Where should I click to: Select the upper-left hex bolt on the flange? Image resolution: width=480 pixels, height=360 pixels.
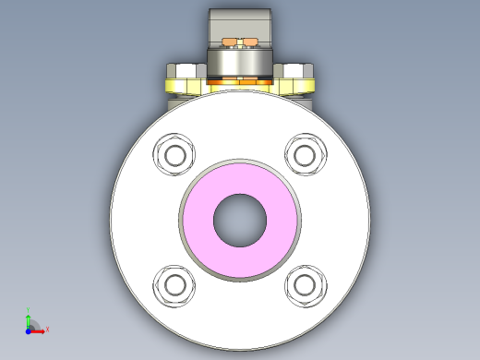click(174, 153)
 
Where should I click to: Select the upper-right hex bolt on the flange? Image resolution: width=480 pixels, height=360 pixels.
click(306, 153)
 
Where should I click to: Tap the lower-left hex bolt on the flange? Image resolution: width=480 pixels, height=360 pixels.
click(174, 284)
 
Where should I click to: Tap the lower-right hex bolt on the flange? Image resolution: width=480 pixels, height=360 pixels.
click(306, 284)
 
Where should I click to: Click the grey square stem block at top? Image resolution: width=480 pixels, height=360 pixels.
click(239, 23)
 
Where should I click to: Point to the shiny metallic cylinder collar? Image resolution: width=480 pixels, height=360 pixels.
click(239, 63)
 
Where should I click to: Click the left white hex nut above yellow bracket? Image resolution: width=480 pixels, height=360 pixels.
click(185, 71)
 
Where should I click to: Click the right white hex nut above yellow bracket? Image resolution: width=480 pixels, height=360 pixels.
click(296, 71)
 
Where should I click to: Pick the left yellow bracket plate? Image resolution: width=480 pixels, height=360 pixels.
click(181, 88)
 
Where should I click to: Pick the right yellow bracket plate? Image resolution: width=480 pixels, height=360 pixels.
click(300, 88)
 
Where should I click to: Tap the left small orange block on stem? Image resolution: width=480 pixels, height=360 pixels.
click(229, 42)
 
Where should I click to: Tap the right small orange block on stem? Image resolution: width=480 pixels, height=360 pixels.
click(249, 42)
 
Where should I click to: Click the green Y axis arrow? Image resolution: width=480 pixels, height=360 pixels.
click(29, 318)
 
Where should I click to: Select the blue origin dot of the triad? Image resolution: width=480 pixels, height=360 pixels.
click(29, 329)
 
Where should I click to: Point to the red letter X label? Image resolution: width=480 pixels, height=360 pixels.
click(47, 329)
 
